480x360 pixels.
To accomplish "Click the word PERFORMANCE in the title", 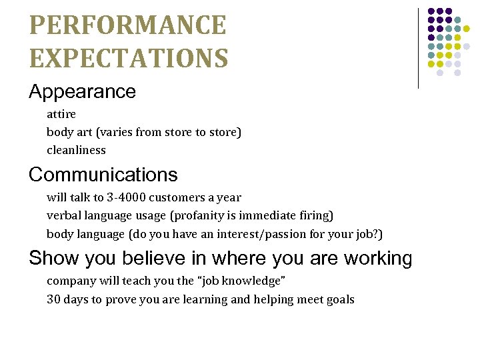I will pos(128,26).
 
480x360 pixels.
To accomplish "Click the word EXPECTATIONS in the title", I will pos(129,58).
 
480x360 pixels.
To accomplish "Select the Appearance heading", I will pos(82,91).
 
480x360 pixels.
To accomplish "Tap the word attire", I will pos(61,115).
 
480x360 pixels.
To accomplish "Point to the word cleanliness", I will pos(76,150).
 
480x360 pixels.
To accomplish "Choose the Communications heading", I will pos(103,175).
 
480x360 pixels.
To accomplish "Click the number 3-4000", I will pos(127,198).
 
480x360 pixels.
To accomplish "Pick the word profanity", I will pos(202,216).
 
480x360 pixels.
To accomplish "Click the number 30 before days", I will pos(53,299).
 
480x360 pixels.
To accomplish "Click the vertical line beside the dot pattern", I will pos(418,48).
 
